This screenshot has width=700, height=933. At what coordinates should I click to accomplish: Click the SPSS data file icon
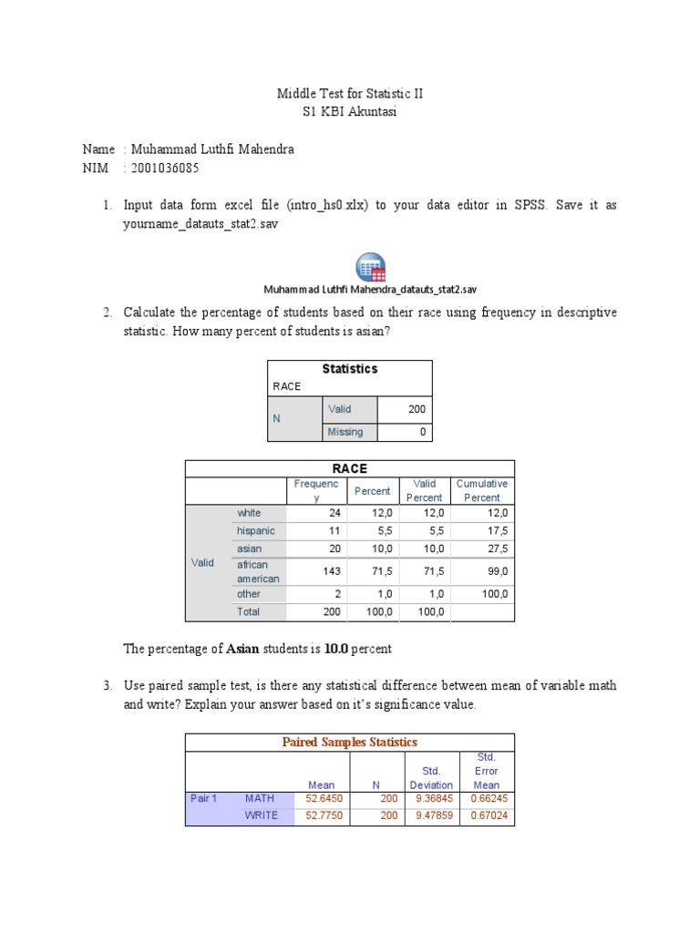pos(370,266)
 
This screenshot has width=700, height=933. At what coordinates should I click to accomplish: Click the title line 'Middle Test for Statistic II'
pos(350,94)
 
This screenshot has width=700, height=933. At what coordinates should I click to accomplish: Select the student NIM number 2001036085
pos(165,169)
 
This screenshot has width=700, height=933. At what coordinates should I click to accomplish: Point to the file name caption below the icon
pos(370,290)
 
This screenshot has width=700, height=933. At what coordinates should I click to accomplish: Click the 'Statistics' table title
pos(350,369)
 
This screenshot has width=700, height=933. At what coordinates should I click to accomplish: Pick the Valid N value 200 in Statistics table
pos(417,409)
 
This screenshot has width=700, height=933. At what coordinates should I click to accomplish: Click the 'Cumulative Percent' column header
pos(482,491)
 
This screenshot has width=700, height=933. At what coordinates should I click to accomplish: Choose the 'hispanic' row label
pos(255,530)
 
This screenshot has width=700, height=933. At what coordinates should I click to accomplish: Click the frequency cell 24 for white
pos(334,513)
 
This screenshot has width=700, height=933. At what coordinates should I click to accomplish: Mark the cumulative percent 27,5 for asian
pos(498,549)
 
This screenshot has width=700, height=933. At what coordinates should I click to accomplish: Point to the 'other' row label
pos(249,594)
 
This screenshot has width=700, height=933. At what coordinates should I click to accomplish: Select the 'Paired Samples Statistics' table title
pos(350,742)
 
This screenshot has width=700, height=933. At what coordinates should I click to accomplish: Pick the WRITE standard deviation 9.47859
pos(431,815)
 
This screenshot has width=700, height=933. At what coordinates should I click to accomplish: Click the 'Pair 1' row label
pos(203,798)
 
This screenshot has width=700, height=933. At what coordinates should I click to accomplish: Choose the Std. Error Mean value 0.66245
pos(485,798)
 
